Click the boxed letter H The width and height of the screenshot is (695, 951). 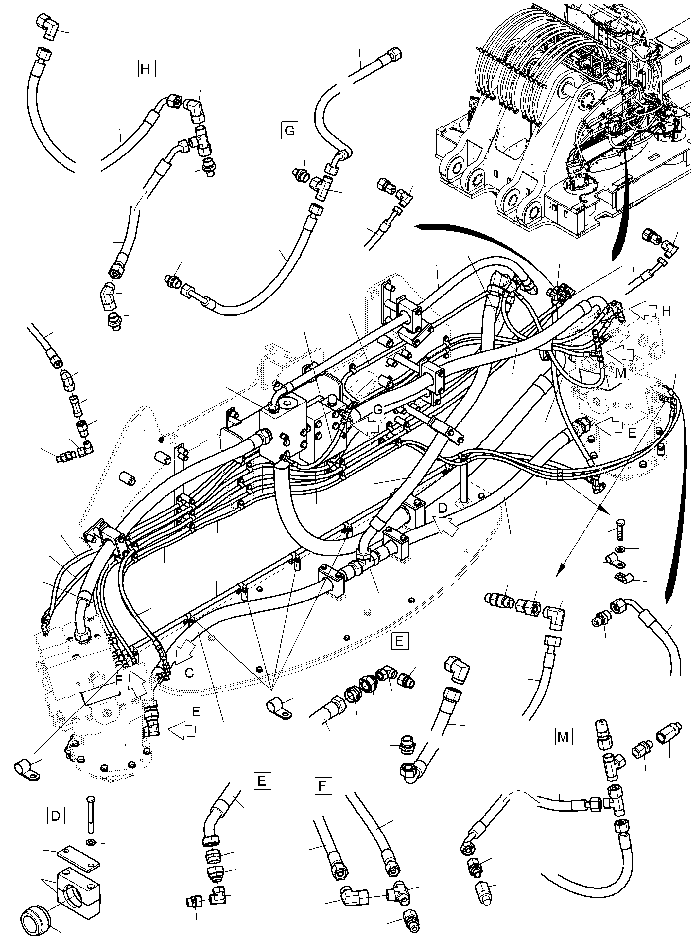point(146,69)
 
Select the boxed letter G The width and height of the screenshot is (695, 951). point(289,131)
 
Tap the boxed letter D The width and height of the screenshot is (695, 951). point(56,817)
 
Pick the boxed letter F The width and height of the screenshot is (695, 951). point(323,786)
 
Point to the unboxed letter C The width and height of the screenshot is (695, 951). point(190,673)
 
